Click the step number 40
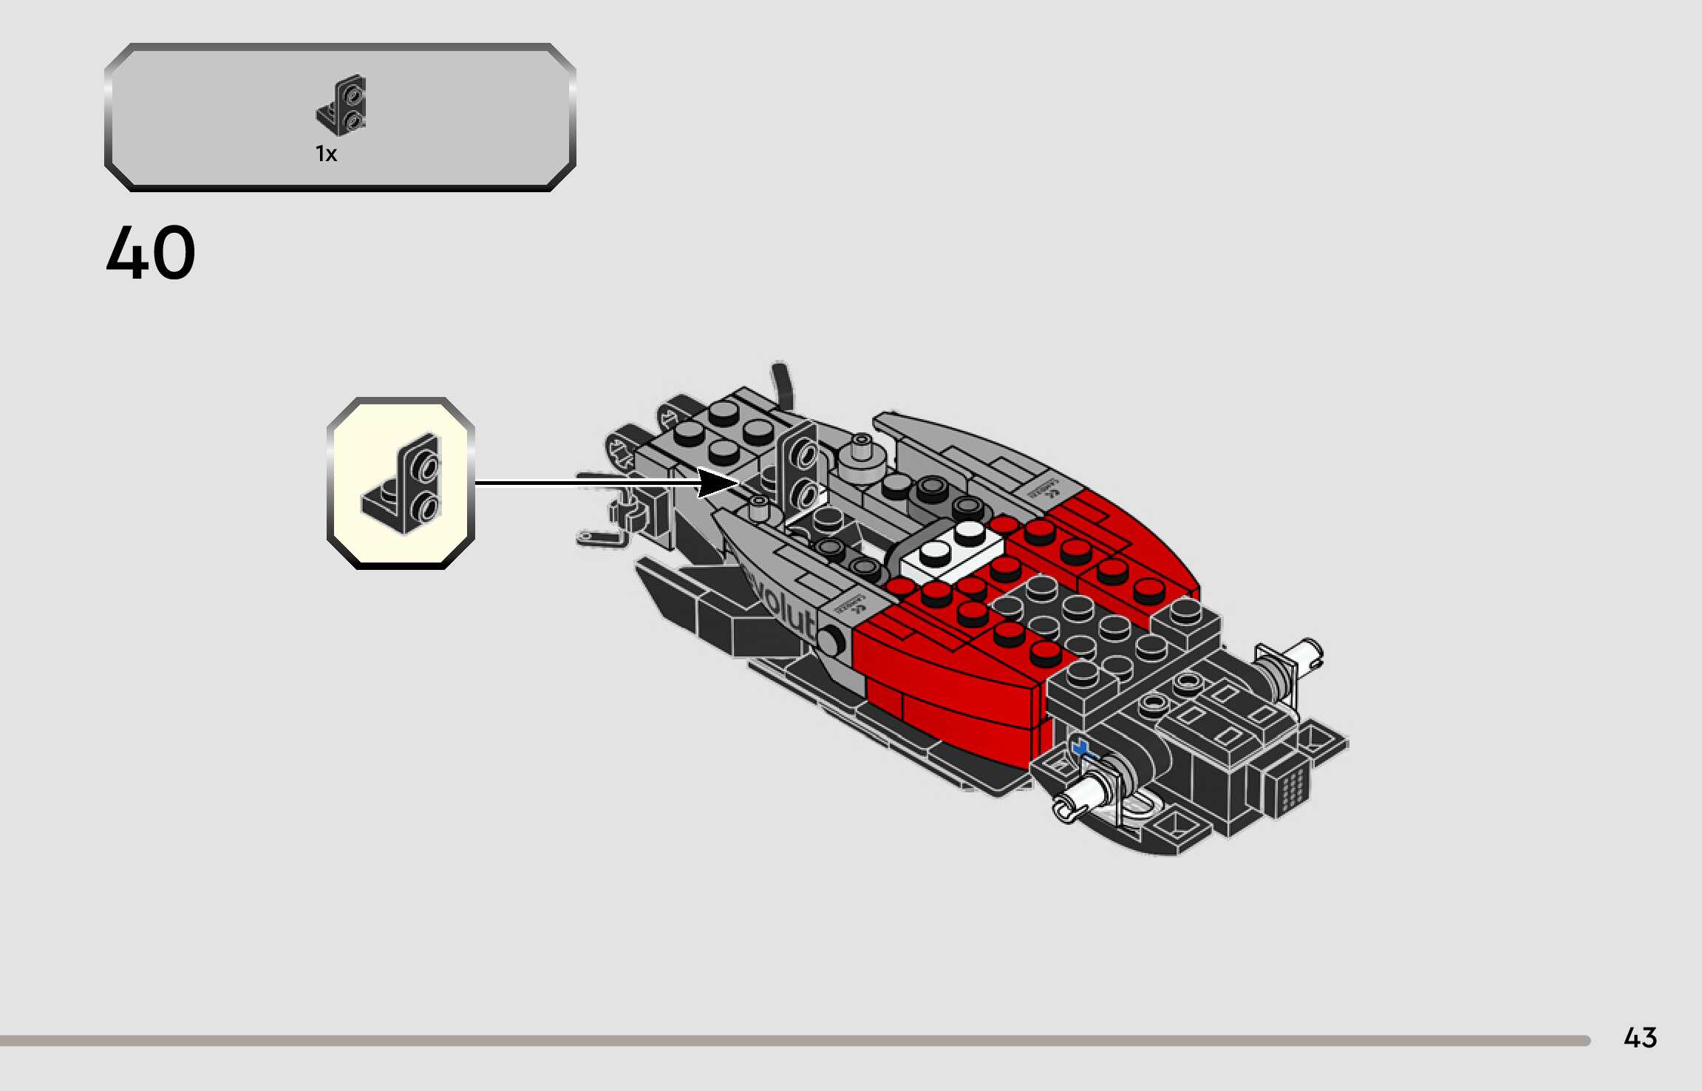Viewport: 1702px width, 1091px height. (x=151, y=253)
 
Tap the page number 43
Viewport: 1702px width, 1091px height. (x=1640, y=1038)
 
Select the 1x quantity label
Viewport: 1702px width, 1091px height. (x=326, y=154)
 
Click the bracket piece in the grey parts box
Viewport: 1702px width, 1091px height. (x=342, y=105)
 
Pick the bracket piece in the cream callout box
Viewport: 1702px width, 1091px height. (x=403, y=485)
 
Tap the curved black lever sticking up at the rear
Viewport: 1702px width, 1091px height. (x=783, y=384)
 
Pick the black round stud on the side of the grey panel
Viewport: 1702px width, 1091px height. (x=831, y=640)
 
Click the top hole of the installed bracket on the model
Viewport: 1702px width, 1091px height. (x=806, y=453)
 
